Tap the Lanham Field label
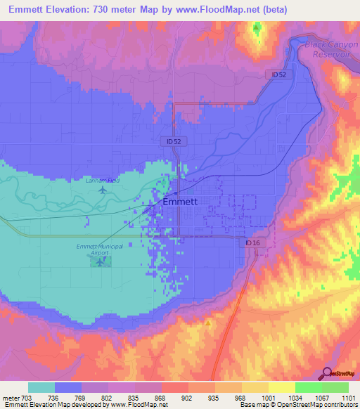tap(103, 181)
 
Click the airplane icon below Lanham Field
tap(103, 189)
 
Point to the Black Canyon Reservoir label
tap(327, 49)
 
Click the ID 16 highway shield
tap(254, 242)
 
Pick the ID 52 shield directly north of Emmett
tap(175, 141)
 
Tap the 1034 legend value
tap(295, 397)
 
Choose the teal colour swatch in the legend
tap(41, 387)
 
